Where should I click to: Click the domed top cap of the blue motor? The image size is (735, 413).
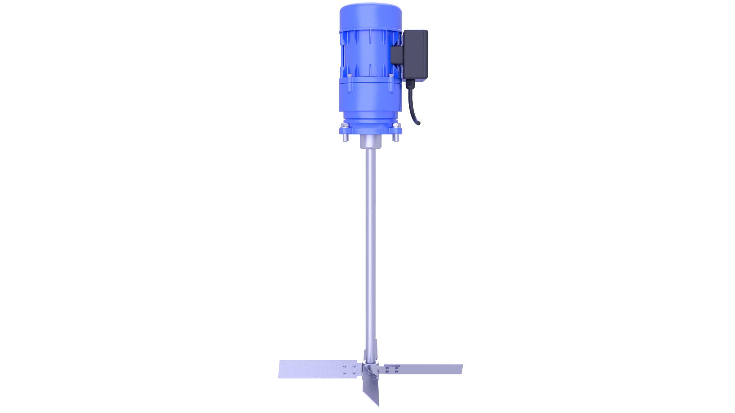pyautogui.click(x=370, y=15)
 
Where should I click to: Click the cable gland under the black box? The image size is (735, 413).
pyautogui.click(x=410, y=84)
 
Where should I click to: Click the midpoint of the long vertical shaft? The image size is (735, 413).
pyautogui.click(x=370, y=245)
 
